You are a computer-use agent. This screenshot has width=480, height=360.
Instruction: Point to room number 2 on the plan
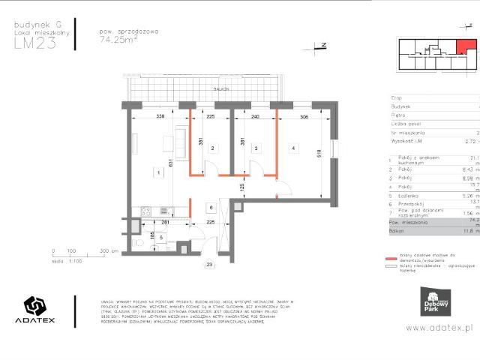pyautogui.click(x=213, y=149)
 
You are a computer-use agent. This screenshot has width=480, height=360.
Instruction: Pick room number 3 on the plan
pyautogui.click(x=256, y=149)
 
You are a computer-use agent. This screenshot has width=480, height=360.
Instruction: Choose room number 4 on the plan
pyautogui.click(x=294, y=148)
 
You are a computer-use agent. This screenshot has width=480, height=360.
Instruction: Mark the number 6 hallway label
pyautogui.click(x=211, y=207)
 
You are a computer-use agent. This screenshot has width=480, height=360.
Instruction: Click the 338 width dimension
pyautogui.click(x=160, y=116)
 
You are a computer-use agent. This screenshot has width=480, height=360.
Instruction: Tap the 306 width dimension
pyautogui.click(x=304, y=116)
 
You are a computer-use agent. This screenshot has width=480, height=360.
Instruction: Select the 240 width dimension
pyautogui.click(x=255, y=116)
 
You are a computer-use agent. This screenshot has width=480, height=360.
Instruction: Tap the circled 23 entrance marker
pyautogui.click(x=210, y=265)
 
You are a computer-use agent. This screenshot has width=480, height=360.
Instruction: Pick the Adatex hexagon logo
pyautogui.click(x=35, y=308)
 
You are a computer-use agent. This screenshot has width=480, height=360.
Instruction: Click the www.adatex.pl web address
pyautogui.click(x=442, y=328)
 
